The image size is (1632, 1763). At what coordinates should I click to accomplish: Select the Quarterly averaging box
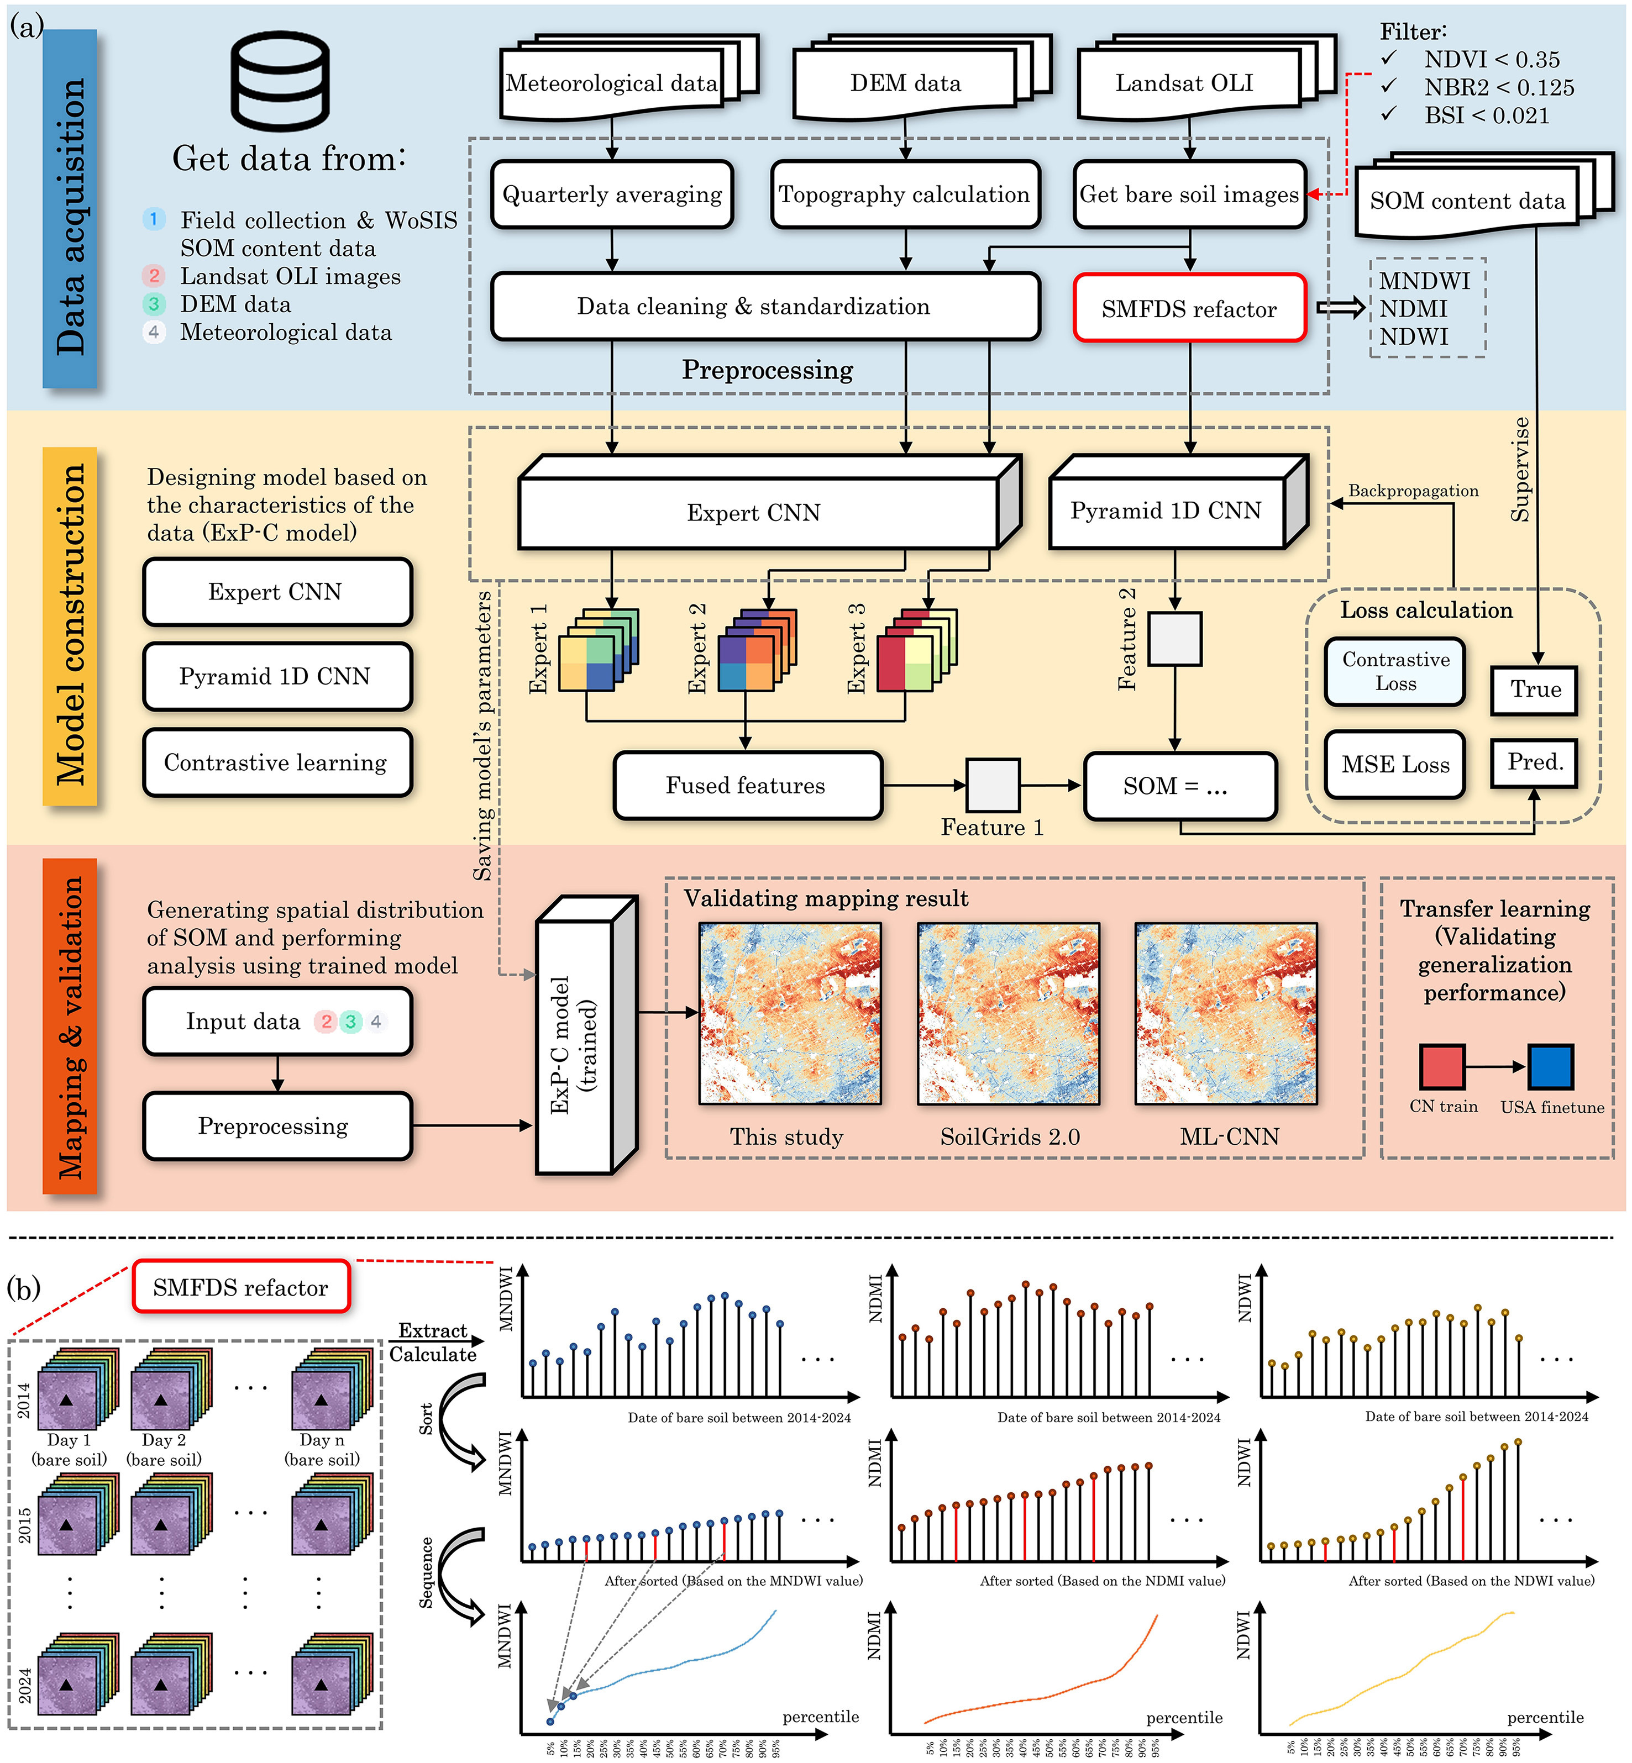coord(612,194)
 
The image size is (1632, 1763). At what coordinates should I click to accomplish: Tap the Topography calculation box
coord(904,194)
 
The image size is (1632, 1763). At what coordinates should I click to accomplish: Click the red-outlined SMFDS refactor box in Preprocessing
coord(1189,308)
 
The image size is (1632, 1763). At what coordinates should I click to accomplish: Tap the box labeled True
coord(1534,690)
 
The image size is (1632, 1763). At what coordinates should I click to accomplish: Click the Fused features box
coord(746,786)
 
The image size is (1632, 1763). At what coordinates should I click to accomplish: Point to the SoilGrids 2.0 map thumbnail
coord(1009,1013)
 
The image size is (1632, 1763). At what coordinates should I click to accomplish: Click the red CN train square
coord(1441,1066)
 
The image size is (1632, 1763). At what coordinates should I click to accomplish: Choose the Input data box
coord(277,1022)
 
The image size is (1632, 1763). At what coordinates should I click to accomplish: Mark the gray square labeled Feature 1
coord(993,785)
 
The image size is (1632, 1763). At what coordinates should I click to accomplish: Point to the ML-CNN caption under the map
coord(1229,1137)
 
